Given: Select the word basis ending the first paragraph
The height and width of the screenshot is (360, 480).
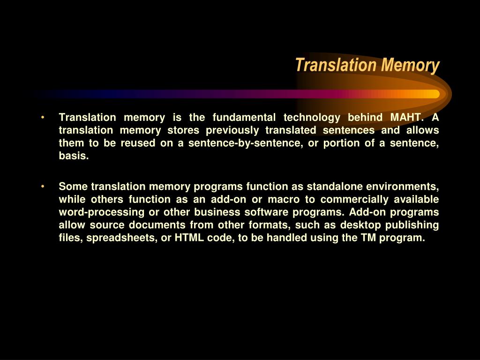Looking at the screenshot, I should [x=73, y=157].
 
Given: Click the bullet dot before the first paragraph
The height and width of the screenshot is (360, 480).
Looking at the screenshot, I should [x=43, y=117].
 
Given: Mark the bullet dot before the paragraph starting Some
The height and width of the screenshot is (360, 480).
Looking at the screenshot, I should [x=43, y=187].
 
